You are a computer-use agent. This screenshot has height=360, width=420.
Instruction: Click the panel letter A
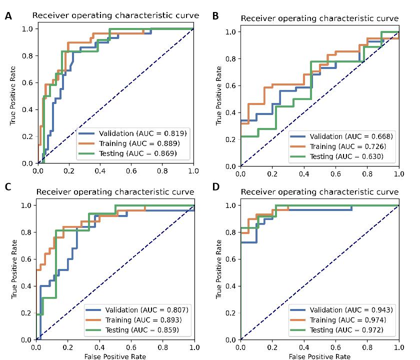[x=8, y=16]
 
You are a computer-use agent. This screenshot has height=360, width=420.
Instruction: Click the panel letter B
[x=215, y=16]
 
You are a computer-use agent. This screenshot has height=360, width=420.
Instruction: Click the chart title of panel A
[x=115, y=15]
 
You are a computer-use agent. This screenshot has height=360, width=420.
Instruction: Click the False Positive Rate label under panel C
[x=115, y=356]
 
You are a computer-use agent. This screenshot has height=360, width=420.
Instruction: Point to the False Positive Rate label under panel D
[x=319, y=356]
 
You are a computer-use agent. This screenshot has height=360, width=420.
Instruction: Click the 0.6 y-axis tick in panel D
[x=231, y=259]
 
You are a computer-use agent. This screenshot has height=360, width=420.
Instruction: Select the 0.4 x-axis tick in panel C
[x=99, y=346]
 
